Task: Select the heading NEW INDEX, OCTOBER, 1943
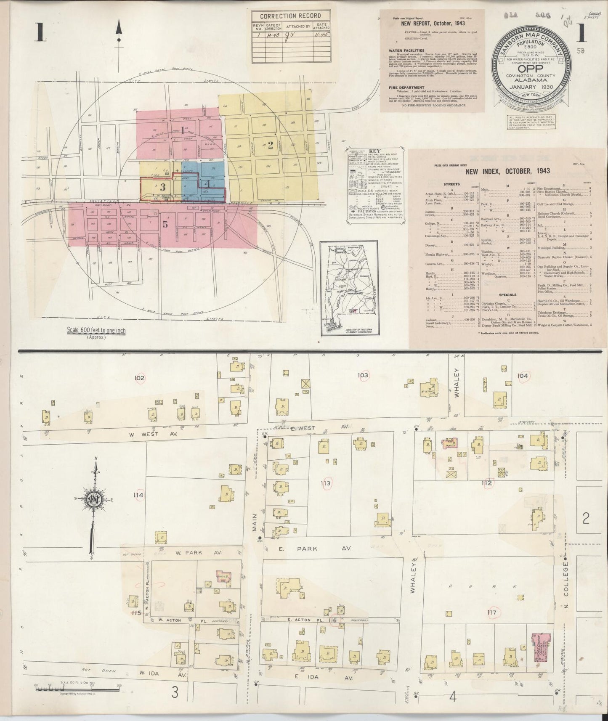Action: click(x=507, y=171)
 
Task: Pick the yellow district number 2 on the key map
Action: click(x=271, y=145)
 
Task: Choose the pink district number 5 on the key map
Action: click(x=165, y=224)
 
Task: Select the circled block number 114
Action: click(x=138, y=495)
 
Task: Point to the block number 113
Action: click(x=325, y=483)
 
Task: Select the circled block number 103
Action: click(x=363, y=375)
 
